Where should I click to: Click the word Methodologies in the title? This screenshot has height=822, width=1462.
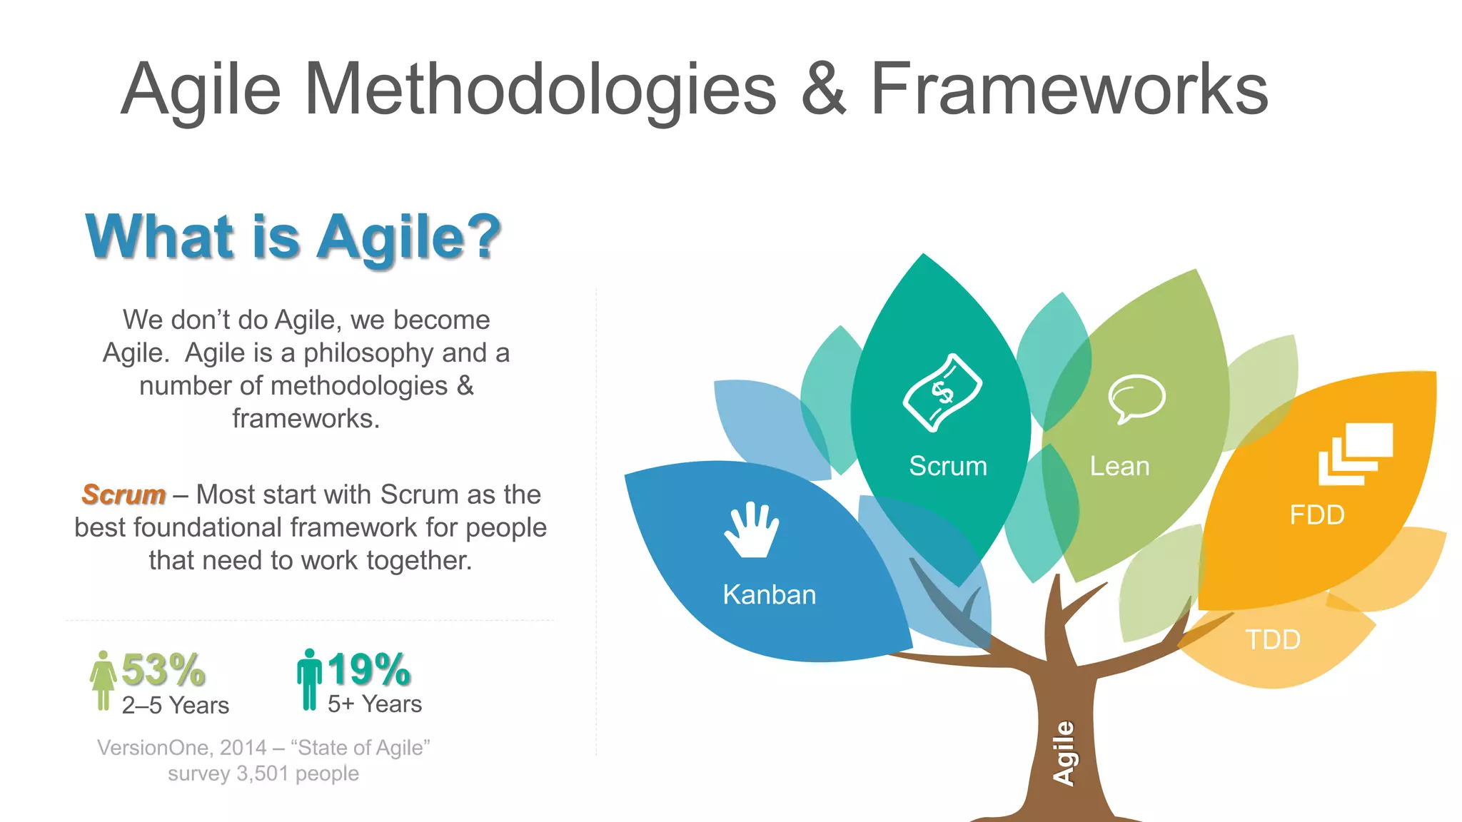[x=540, y=89]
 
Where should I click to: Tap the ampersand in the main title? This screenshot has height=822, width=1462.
[x=823, y=89]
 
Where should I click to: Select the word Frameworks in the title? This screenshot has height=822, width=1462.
[x=1069, y=89]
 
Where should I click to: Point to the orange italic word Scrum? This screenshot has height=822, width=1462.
[x=123, y=494]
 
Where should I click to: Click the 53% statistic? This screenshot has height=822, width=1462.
[x=163, y=669]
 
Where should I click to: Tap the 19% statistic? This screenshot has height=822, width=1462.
[x=369, y=669]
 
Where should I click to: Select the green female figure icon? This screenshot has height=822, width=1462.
[x=104, y=681]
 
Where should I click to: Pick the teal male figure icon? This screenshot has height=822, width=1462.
[x=309, y=679]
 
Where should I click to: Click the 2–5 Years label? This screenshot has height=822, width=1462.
[x=176, y=706]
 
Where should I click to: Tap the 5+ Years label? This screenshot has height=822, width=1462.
[x=375, y=704]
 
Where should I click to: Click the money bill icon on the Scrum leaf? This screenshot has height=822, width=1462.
[x=942, y=392]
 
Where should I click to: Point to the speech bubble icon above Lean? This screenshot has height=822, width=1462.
[x=1136, y=398]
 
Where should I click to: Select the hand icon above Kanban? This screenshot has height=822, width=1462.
[x=752, y=529]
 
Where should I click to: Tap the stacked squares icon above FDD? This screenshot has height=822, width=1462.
[x=1355, y=453]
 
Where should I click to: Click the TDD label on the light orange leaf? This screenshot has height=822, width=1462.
[x=1273, y=640]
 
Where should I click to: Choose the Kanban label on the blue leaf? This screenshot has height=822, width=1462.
[x=769, y=595]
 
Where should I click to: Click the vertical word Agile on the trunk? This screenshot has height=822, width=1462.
[x=1064, y=753]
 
